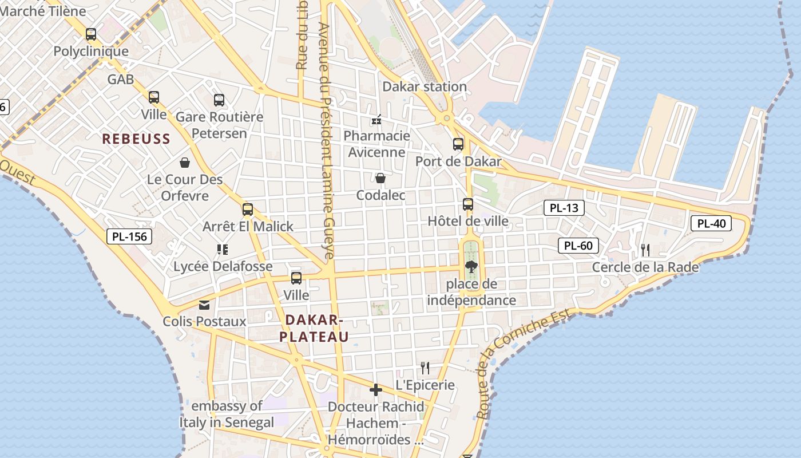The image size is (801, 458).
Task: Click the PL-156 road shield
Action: pyautogui.click(x=129, y=236)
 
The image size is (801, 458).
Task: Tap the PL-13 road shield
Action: pyautogui.click(x=564, y=208)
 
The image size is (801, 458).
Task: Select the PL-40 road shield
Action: pyautogui.click(x=711, y=223)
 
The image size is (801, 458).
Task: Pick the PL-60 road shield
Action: pyautogui.click(x=578, y=246)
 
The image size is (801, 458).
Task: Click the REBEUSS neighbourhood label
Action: pyautogui.click(x=136, y=139)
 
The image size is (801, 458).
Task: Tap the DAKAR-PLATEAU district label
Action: pyautogui.click(x=314, y=328)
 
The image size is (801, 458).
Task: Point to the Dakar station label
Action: pyautogui.click(x=425, y=86)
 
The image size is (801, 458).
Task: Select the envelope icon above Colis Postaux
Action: pyautogui.click(x=204, y=305)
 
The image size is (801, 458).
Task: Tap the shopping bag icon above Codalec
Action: pyautogui.click(x=380, y=179)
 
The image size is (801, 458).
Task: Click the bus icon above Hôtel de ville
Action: pyautogui.click(x=468, y=204)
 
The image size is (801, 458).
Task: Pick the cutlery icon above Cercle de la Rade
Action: pyautogui.click(x=645, y=250)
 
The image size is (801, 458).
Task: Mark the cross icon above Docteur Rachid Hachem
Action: pyautogui.click(x=376, y=390)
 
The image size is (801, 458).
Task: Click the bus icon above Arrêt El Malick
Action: pyautogui.click(x=248, y=210)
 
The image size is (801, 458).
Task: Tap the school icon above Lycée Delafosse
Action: pyautogui.click(x=223, y=249)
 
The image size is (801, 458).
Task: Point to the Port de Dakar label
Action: pyautogui.click(x=458, y=161)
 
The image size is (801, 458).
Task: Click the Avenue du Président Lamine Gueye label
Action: pyautogui.click(x=326, y=143)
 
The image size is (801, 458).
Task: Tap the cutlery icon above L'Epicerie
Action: pyautogui.click(x=425, y=368)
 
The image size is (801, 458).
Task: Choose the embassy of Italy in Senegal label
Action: pyautogui.click(x=227, y=414)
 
